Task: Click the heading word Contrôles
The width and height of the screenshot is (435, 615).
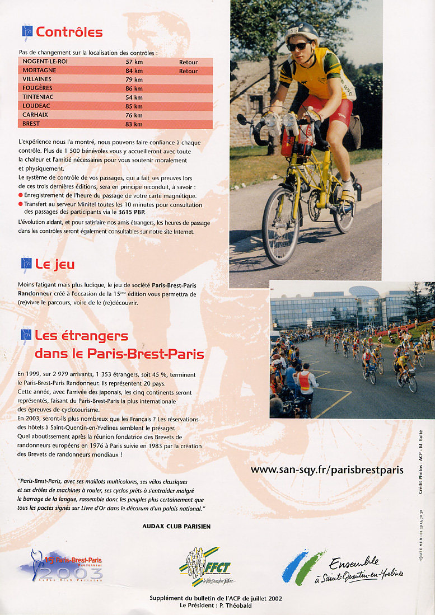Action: click(x=69, y=32)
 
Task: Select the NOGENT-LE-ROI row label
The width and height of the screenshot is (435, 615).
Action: click(x=45, y=62)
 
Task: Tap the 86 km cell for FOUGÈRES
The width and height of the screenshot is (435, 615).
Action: click(x=134, y=88)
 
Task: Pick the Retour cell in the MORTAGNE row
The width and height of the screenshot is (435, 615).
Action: click(x=188, y=71)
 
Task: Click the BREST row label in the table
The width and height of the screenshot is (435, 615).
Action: click(x=31, y=124)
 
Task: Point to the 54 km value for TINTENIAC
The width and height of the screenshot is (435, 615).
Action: click(x=134, y=97)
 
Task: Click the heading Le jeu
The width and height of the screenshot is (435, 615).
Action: click(x=54, y=264)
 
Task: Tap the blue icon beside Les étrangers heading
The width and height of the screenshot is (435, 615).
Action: click(x=26, y=335)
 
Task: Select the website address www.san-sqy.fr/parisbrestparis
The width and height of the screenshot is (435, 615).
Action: click(x=326, y=470)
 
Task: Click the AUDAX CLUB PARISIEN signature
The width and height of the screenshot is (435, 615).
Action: click(x=176, y=526)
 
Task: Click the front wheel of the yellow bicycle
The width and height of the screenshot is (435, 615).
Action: click(x=280, y=227)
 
